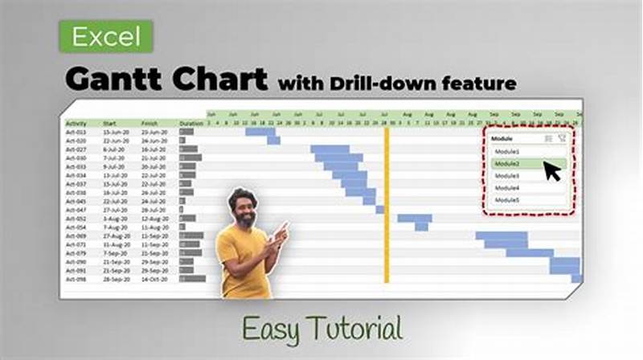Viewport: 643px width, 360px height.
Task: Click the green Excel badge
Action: [105, 36]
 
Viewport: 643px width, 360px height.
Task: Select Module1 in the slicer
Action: [508, 151]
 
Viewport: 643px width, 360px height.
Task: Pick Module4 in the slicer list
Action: [508, 187]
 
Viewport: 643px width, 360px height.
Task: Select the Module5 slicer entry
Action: [508, 199]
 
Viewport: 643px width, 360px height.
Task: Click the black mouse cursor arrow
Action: [552, 171]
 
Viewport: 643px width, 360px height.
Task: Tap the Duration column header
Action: [190, 123]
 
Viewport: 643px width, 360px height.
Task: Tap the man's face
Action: [240, 208]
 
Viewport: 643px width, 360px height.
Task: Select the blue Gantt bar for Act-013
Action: [260, 131]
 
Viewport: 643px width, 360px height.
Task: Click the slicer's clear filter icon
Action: [561, 138]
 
